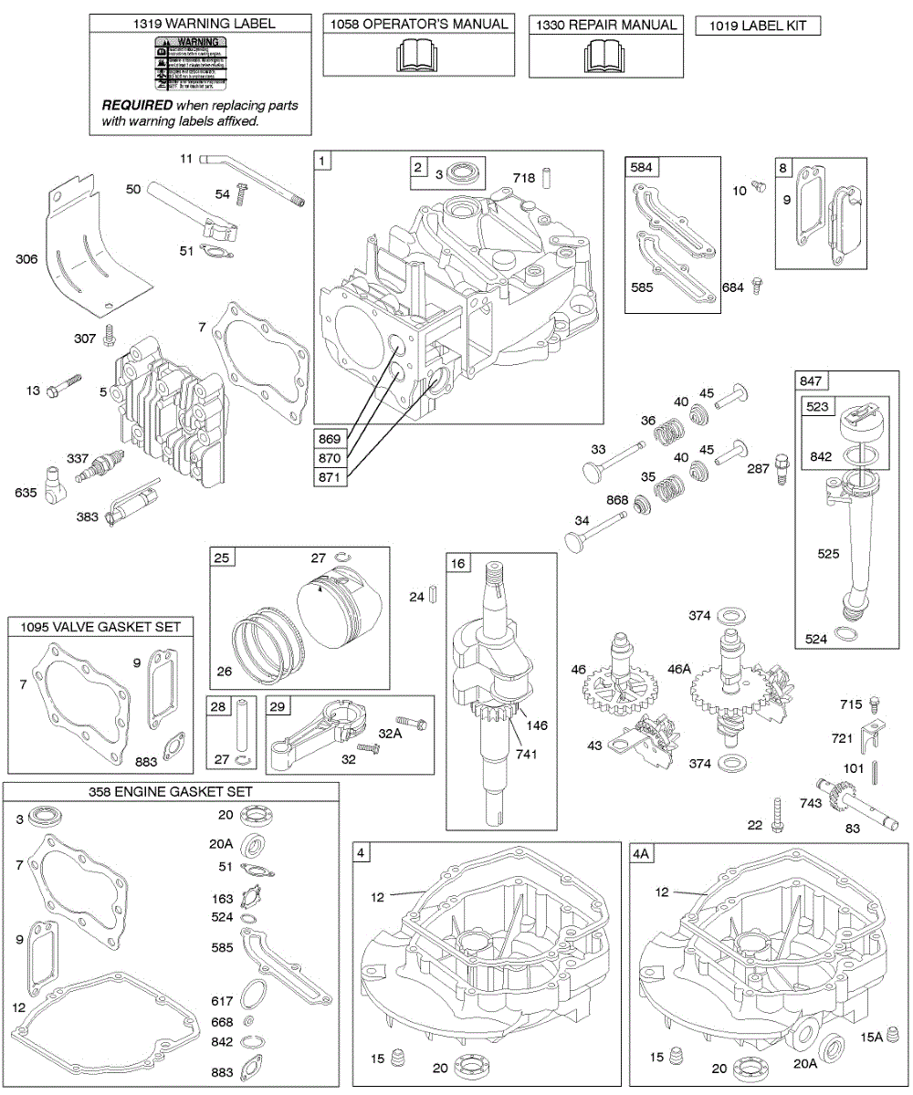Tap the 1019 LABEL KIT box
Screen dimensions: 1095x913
[x=757, y=26]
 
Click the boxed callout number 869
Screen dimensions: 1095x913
[x=331, y=435]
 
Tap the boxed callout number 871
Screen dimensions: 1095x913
[x=331, y=475]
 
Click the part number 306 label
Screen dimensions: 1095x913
[x=26, y=259]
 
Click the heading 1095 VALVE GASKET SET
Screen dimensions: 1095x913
[x=101, y=626]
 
